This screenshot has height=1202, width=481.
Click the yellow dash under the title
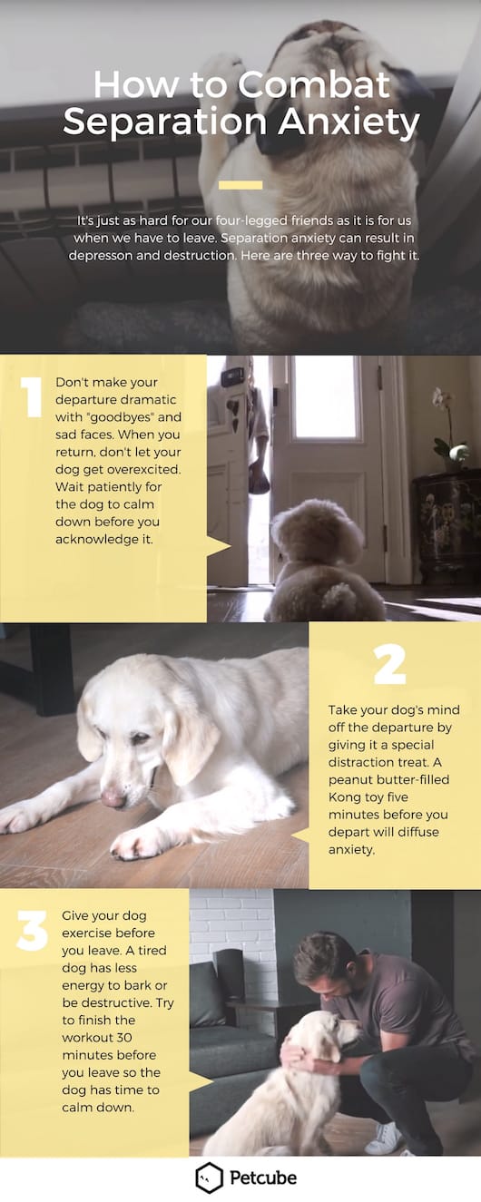coord(240,185)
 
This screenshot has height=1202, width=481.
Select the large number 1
coord(33,396)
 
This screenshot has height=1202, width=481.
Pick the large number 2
coord(389,665)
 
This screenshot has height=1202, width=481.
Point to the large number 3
coord(33,932)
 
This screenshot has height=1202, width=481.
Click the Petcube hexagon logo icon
coord(209,1178)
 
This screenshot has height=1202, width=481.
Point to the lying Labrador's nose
coord(113,797)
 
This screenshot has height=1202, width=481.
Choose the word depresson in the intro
coord(105,255)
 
